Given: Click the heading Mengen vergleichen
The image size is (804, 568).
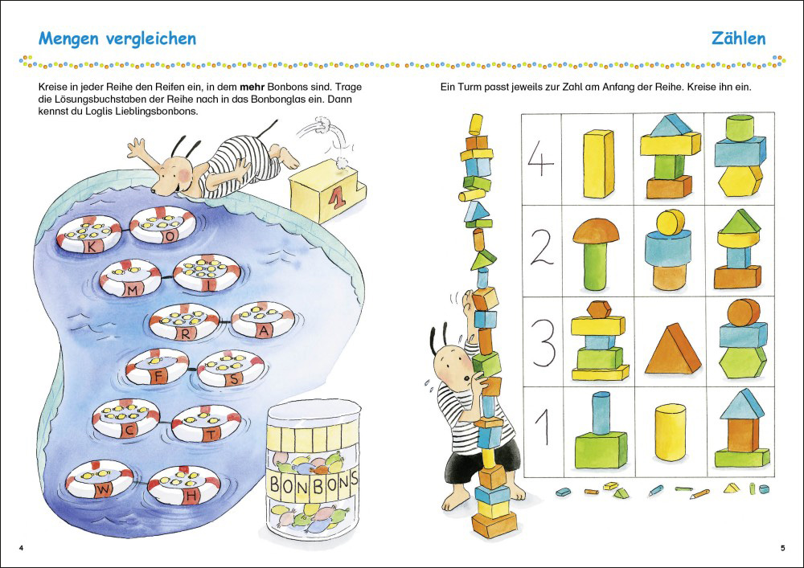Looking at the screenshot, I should tap(117, 39).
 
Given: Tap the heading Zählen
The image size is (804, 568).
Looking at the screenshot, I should tap(738, 39).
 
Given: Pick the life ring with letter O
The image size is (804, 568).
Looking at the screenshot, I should tap(163, 225).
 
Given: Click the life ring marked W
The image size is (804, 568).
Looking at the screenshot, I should tap(99, 480).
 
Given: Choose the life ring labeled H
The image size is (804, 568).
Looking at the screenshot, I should tap(184, 485).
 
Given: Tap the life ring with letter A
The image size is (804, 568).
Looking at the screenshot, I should tap(263, 320).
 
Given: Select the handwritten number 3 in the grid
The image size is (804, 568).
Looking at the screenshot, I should tap(544, 343).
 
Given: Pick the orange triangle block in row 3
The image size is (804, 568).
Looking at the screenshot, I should tap(672, 348).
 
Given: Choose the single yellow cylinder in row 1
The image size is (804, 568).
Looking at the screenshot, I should tap(670, 432).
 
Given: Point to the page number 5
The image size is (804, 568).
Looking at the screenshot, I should tap(781, 548).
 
